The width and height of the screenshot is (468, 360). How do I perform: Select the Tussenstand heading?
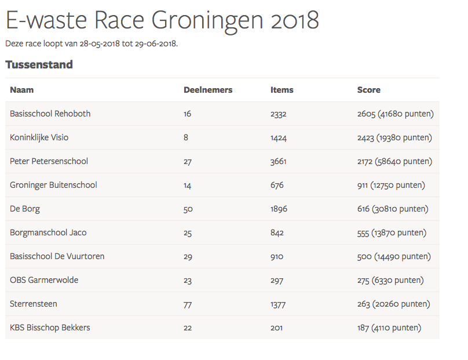click(39, 64)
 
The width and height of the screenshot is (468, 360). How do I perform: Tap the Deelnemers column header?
click(208, 90)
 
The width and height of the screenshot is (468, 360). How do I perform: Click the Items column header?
click(282, 90)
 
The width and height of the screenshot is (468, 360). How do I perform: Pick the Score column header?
click(369, 90)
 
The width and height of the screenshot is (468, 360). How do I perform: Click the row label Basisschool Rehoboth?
click(50, 114)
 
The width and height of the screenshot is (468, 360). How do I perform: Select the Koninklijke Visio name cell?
click(39, 137)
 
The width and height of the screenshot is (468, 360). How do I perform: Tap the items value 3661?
click(279, 161)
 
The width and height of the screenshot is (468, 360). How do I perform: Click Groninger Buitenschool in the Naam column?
click(53, 185)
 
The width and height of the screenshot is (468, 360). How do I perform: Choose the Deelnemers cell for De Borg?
click(188, 209)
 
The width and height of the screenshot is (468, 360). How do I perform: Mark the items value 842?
click(277, 232)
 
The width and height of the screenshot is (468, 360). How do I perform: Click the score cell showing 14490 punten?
click(394, 256)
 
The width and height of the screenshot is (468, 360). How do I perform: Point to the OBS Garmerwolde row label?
click(44, 280)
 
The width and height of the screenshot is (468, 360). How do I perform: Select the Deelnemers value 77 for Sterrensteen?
click(188, 304)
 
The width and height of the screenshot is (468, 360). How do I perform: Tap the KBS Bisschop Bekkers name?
click(50, 328)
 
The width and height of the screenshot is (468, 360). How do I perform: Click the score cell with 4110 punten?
click(389, 328)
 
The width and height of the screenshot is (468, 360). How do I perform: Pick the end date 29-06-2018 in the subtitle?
click(156, 43)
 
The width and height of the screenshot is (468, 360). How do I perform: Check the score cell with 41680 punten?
click(396, 114)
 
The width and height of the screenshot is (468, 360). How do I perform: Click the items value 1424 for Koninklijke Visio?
click(279, 137)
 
